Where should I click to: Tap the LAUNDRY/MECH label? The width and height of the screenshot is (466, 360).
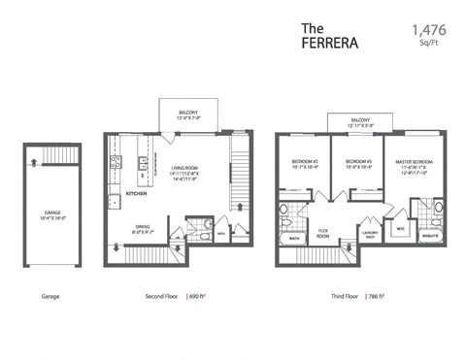click(x=369, y=234)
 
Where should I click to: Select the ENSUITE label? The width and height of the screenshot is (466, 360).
click(x=428, y=234)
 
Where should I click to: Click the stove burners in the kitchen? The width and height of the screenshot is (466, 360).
click(x=142, y=163)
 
